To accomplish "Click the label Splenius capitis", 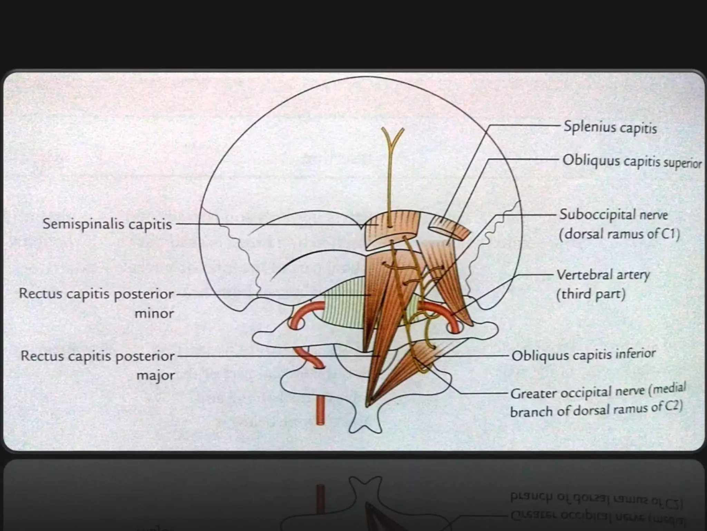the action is point(610,127).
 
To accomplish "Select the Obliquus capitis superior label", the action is point(632,161).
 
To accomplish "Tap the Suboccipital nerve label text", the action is point(613,215).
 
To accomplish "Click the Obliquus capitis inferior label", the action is point(583,355).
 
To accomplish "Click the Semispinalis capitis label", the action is point(107,224).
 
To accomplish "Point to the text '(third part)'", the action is point(591,295).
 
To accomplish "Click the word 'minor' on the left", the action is point(154,314).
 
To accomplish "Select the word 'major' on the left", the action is point(156,375).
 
